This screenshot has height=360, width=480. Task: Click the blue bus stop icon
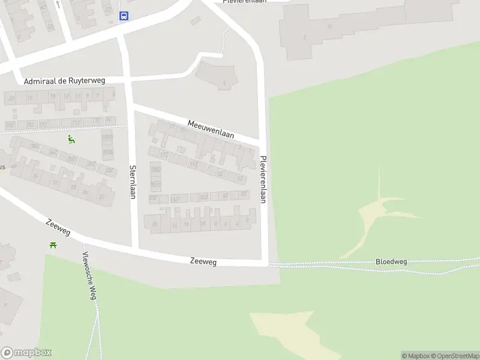pyautogui.click(x=124, y=16)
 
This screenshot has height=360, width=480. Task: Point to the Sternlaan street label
pyautogui.click(x=133, y=181)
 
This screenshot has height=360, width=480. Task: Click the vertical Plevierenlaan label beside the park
pyautogui.click(x=263, y=179)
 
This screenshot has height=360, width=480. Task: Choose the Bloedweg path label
pyautogui.click(x=391, y=262)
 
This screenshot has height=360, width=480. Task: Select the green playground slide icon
pyautogui.click(x=71, y=140)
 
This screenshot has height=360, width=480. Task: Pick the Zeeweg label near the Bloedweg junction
pyautogui.click(x=203, y=262)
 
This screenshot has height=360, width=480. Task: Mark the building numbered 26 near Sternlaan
pyautogui.click(x=155, y=224)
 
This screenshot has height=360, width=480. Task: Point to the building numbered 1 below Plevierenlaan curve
pyautogui.click(x=224, y=83)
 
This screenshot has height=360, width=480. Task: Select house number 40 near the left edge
pyautogui.click(x=13, y=166)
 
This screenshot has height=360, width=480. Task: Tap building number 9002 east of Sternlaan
pyautogui.click(x=155, y=170)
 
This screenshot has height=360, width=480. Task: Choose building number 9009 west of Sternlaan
pyautogui.click(x=107, y=137)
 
